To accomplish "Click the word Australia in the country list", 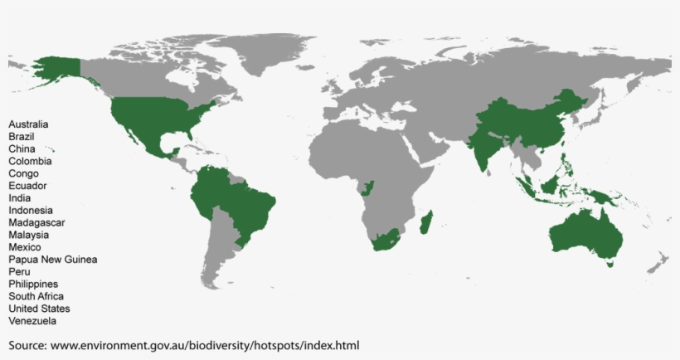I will tap(28, 124).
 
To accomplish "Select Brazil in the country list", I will tap(22, 136).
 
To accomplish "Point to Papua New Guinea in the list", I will tap(53, 260).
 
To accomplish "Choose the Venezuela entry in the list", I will tap(33, 321).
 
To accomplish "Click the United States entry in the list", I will tap(39, 309).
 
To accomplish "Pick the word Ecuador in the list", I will tap(27, 186).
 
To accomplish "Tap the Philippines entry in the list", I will tap(33, 284).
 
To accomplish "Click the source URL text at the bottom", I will tap(184, 344).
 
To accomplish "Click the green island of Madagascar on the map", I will tap(426, 222).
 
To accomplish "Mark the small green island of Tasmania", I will tap(610, 264).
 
